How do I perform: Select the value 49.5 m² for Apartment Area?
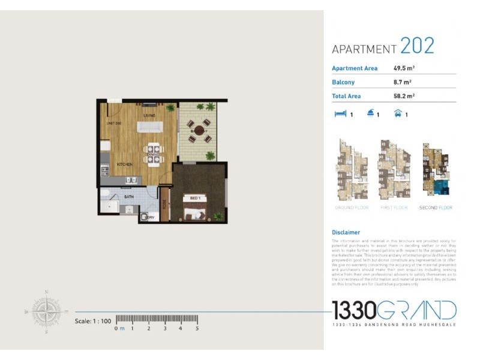[x=404, y=68]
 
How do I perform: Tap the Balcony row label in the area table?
[x=343, y=82]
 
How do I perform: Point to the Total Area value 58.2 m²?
[x=404, y=96]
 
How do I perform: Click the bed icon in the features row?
[x=340, y=113]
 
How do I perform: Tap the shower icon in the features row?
[x=371, y=113]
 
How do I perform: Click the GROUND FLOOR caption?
[x=352, y=208]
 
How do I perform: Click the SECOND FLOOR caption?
[x=436, y=208]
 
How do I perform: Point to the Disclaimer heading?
[x=346, y=232]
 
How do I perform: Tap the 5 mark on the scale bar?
[x=197, y=329]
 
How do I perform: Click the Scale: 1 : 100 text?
[x=93, y=321]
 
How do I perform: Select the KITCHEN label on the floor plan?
[x=124, y=164]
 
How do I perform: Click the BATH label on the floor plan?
[x=128, y=196]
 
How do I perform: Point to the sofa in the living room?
[x=150, y=127]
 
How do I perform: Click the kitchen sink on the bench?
[x=131, y=179]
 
